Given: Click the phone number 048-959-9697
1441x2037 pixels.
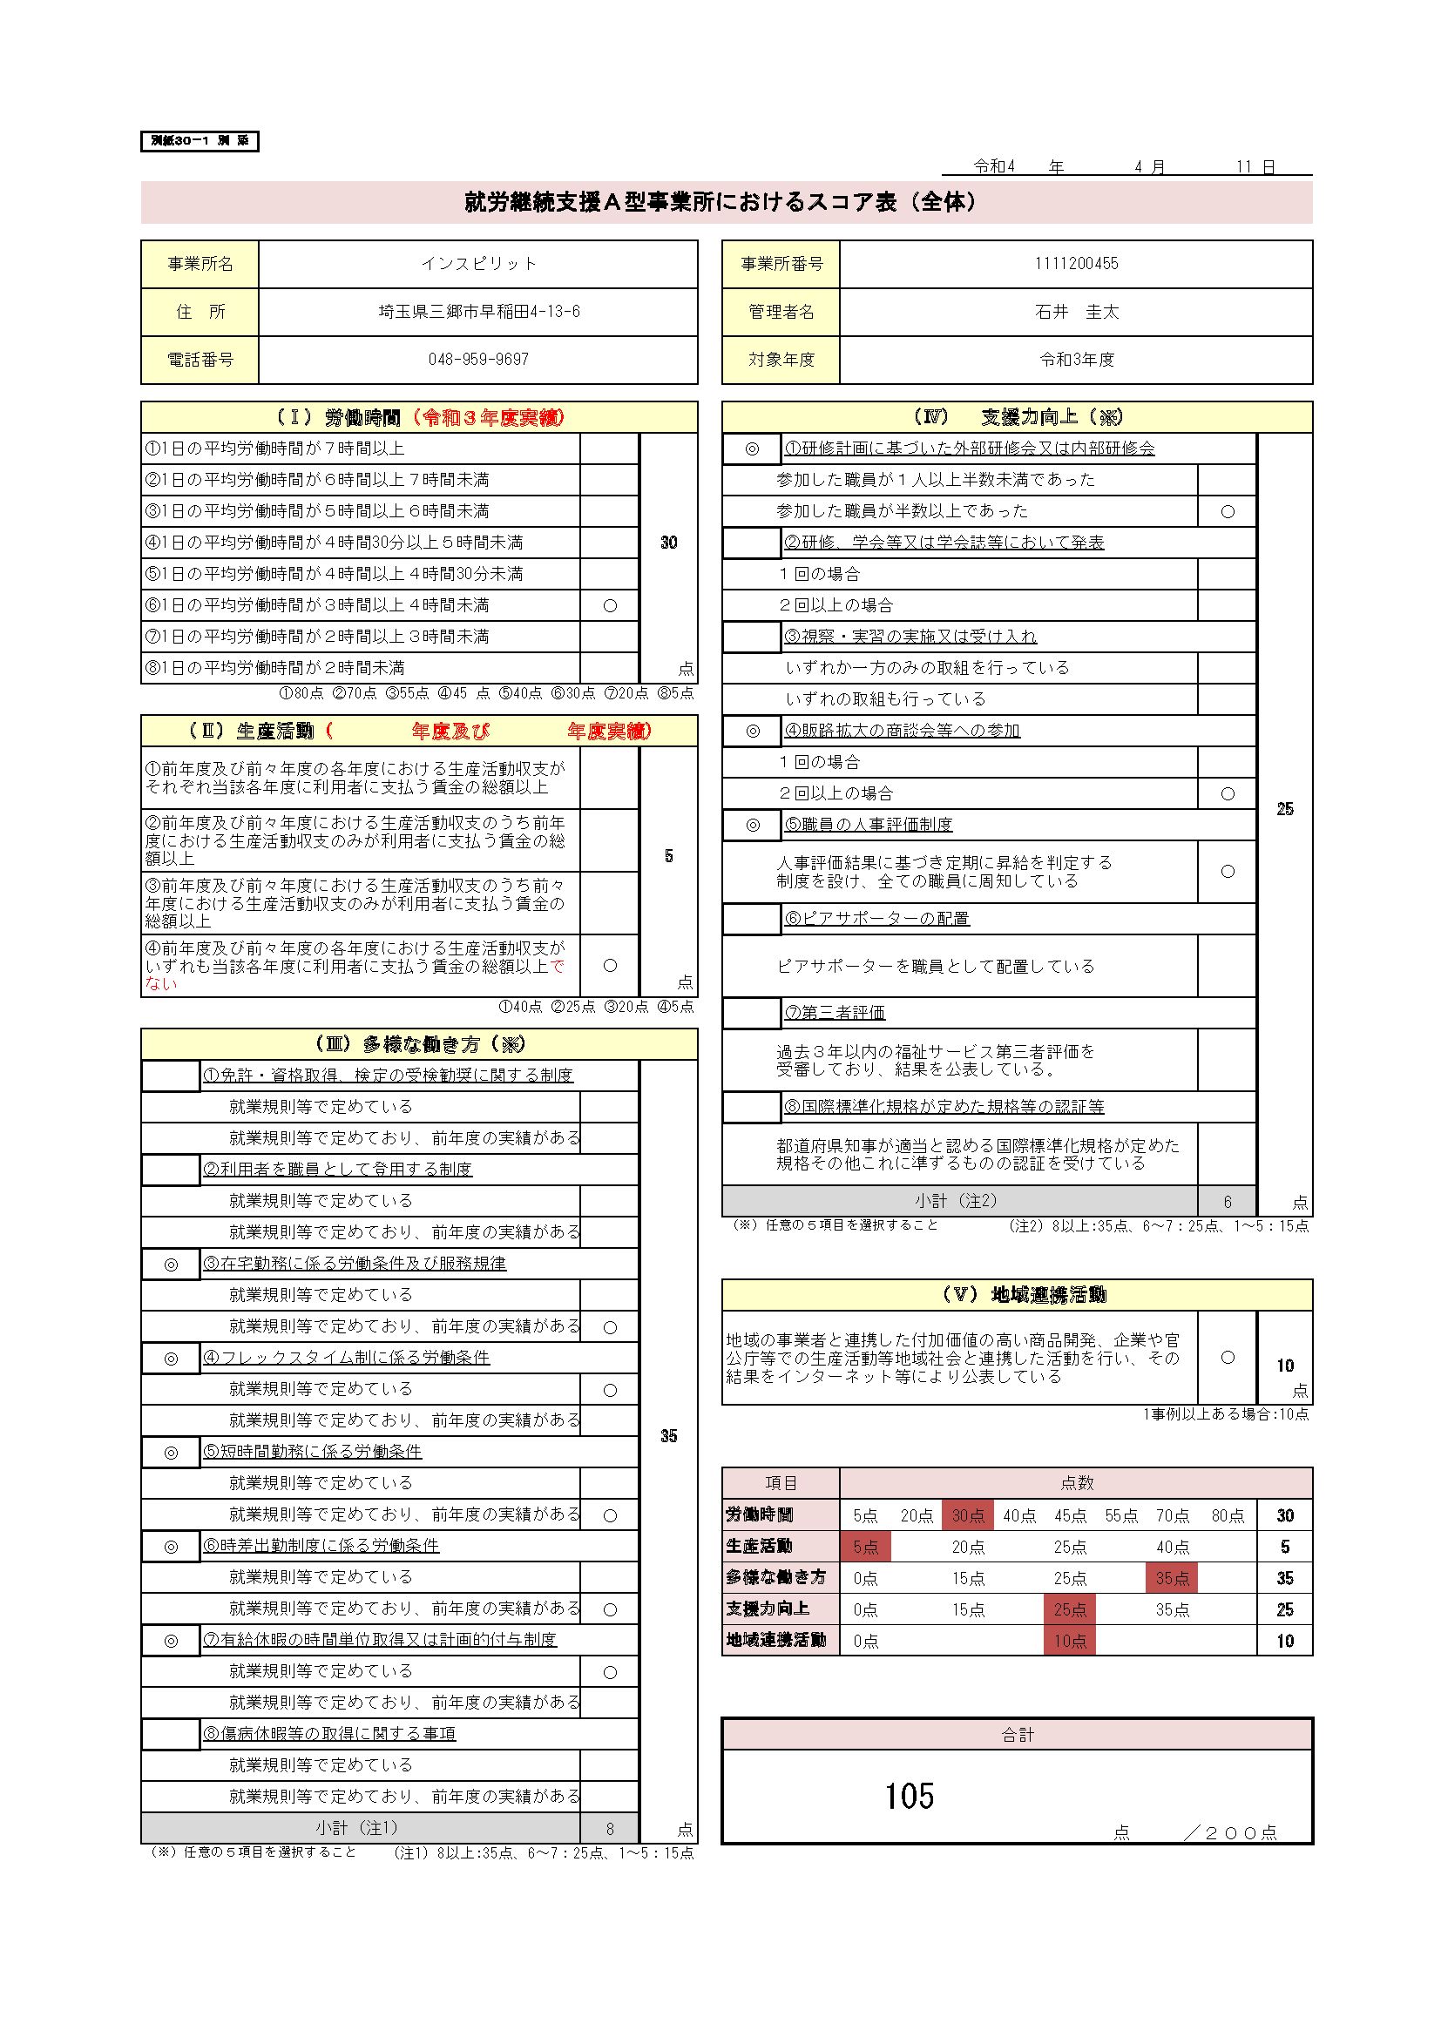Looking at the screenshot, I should tap(478, 360).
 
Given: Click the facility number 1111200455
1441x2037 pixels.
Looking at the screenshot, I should tap(1075, 264).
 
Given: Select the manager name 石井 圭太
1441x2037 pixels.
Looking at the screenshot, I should tap(1075, 312).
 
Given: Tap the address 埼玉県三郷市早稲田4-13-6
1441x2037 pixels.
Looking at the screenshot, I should tap(478, 312).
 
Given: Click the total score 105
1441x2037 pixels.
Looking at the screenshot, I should tap(909, 1796).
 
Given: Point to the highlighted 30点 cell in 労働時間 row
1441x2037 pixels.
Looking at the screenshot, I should tap(967, 1515).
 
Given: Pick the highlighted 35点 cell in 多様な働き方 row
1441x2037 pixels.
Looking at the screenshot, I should tap(1171, 1578).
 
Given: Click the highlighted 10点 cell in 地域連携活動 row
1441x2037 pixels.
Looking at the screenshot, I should tap(1069, 1641).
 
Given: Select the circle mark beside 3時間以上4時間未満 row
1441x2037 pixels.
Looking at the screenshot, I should tap(610, 605).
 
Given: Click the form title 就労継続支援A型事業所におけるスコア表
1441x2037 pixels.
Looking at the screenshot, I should tap(720, 202).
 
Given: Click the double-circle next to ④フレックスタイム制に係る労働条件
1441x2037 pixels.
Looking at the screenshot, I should tap(172, 1359).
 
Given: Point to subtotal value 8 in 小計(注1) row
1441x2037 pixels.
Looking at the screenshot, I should tap(610, 1829).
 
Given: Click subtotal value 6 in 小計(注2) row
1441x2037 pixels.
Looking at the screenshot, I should tap(1228, 1201).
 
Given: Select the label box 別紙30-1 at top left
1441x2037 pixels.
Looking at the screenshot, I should tap(200, 141).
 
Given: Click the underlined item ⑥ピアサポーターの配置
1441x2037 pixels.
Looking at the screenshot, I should tap(876, 918).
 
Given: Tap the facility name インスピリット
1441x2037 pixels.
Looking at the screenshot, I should tap(478, 264).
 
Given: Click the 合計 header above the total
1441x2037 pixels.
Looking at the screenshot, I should tap(1017, 1735).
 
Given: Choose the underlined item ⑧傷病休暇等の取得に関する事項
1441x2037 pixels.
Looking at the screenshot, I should tap(329, 1734).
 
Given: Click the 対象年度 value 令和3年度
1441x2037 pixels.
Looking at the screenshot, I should tap(1075, 360).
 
